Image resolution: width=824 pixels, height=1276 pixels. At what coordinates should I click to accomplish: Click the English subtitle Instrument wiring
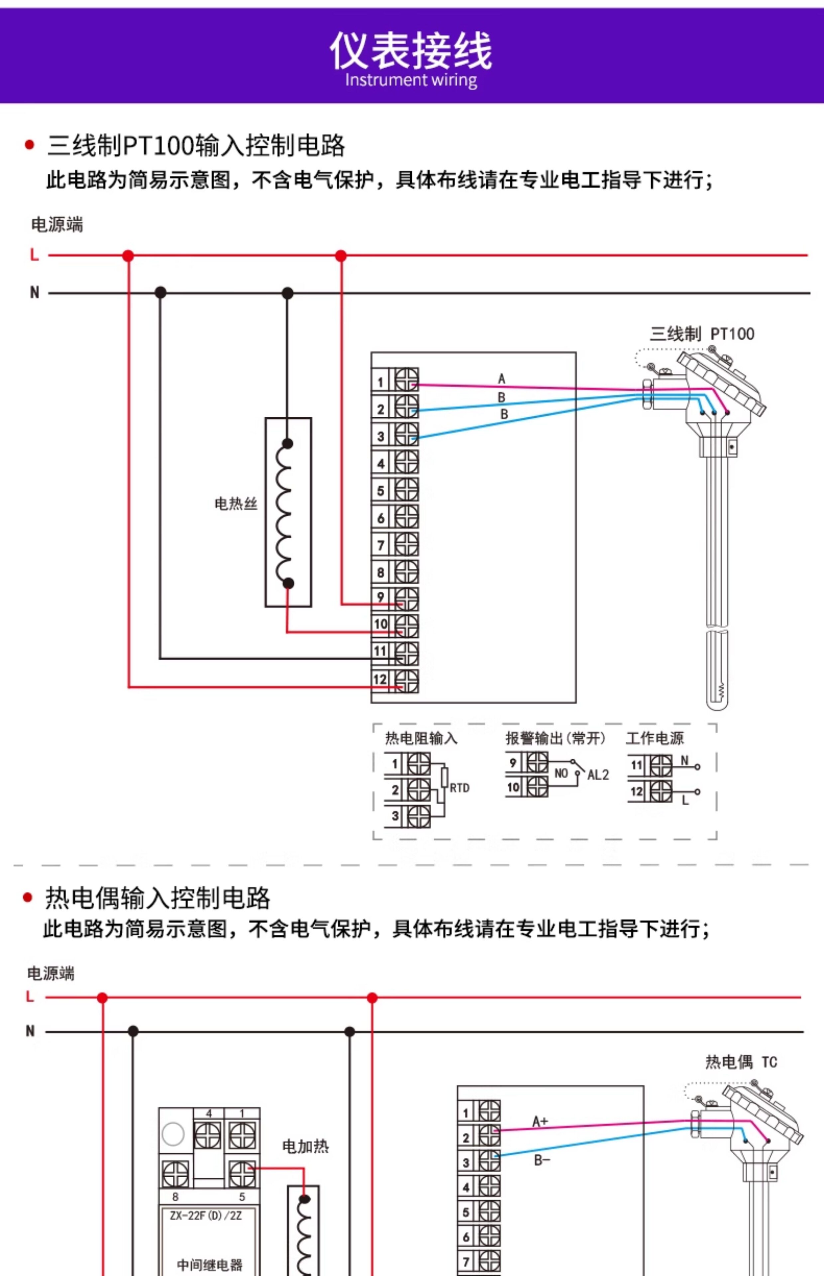411,80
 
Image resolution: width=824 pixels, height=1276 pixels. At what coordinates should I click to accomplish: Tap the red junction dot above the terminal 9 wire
341,256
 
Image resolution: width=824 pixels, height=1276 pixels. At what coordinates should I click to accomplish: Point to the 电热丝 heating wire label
236,503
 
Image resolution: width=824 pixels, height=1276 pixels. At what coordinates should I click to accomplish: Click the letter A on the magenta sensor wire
501,379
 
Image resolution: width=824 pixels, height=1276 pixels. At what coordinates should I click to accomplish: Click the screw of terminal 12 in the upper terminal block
407,681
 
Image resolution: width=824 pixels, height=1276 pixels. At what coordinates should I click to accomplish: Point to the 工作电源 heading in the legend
655,738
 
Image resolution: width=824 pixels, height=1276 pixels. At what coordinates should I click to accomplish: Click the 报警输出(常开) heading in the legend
556,738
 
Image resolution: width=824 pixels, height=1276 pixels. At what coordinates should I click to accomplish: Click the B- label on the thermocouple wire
542,1160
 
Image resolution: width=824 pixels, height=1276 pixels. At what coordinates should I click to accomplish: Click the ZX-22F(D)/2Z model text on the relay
206,1216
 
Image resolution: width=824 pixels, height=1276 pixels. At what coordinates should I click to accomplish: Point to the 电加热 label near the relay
306,1146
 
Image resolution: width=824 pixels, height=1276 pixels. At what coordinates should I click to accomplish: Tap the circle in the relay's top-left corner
173,1134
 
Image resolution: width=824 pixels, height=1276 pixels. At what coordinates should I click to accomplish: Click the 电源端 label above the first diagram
57,225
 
